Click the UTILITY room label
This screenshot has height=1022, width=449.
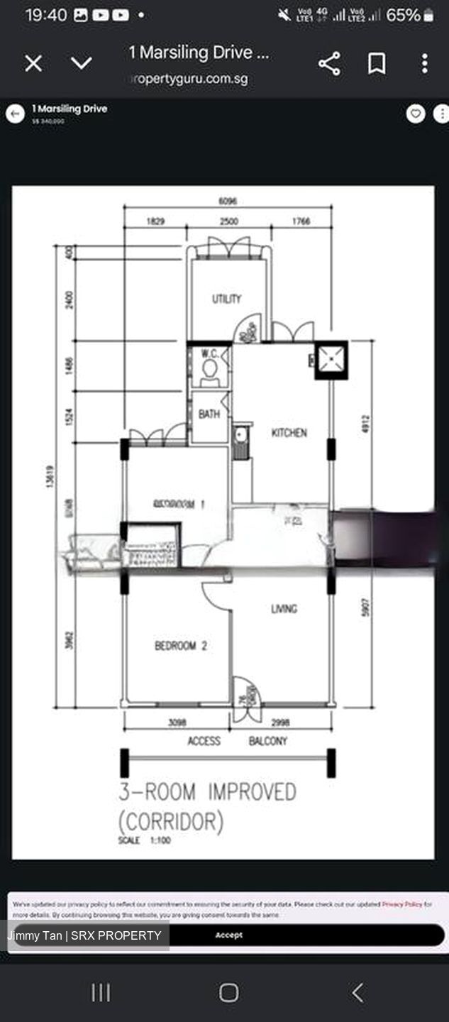pos(226,299)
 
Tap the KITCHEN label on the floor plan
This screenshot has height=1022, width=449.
pos(289,432)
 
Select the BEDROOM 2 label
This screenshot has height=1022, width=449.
pos(181,646)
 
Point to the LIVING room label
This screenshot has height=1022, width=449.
pos(284,608)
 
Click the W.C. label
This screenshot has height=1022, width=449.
pos(209,353)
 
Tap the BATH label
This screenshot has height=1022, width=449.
pos(209,414)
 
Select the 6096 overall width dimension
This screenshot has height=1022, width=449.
pos(228,202)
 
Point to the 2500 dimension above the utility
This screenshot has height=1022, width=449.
pos(228,221)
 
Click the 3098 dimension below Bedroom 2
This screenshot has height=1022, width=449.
pos(177,722)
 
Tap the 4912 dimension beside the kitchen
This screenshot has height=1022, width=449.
pos(365,424)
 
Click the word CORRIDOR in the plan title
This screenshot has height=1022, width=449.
pos(171,822)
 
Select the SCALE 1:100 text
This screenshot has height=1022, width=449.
pos(145,840)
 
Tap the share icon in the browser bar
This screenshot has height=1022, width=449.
pos(329,64)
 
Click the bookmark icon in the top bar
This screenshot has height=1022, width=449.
pos(377,64)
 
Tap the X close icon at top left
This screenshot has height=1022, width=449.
pos(33,64)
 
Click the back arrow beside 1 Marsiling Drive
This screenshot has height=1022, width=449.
pos(16,114)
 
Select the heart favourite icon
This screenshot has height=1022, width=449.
pos(416,114)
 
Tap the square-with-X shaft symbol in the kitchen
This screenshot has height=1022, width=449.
pos(331,360)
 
